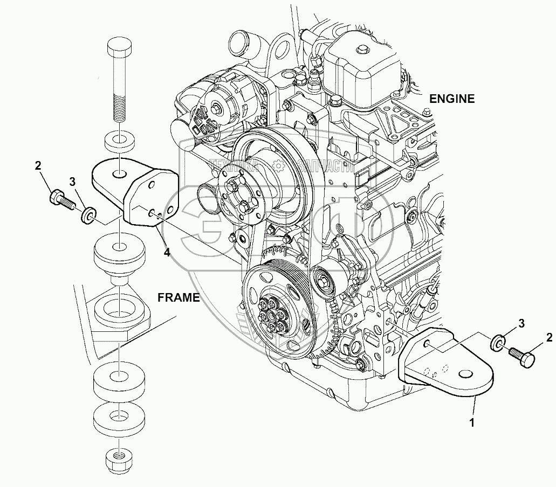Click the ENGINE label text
click(x=451, y=99)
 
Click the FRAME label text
click(x=179, y=297)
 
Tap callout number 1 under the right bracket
click(x=472, y=423)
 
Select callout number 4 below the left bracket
click(x=167, y=252)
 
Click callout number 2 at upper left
click(x=38, y=166)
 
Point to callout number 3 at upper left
click(x=72, y=180)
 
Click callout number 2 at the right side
click(x=548, y=338)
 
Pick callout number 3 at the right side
click(x=521, y=323)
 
